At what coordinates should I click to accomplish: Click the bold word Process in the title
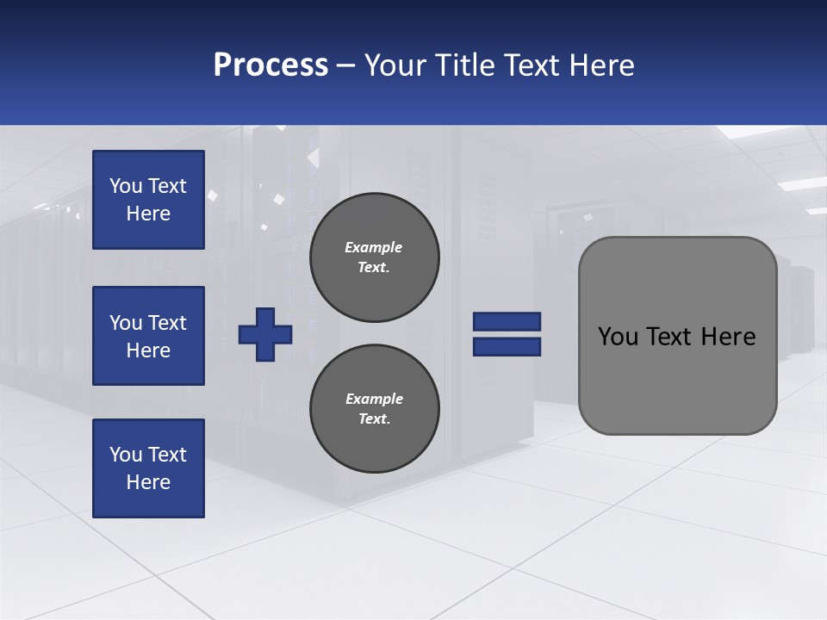[270, 65]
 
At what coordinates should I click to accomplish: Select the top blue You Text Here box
[148, 200]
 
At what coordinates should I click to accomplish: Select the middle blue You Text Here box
[148, 336]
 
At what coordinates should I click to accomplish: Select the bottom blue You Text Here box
[148, 468]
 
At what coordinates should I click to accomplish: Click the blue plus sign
[265, 334]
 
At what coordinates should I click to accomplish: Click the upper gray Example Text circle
[374, 257]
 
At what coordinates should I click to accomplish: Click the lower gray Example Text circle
[374, 409]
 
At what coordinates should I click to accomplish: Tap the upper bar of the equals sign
[507, 321]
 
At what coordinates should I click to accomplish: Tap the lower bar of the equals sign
[507, 346]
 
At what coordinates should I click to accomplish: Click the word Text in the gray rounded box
[669, 337]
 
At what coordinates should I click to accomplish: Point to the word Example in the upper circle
[373, 247]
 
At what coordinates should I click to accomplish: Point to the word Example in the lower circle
[374, 399]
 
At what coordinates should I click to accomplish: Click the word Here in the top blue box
[148, 214]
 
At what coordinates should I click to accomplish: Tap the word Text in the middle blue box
[166, 323]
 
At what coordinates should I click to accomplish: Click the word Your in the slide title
[395, 65]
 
